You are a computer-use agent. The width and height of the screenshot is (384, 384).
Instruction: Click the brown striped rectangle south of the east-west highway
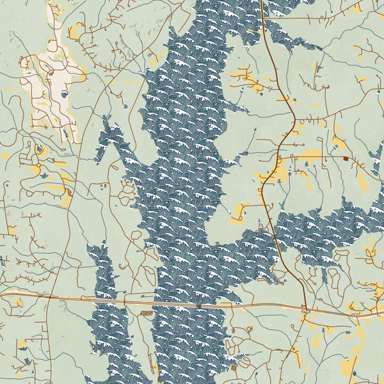[148, 313]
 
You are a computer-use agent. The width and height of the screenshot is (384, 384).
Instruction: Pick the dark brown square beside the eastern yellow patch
[346, 158]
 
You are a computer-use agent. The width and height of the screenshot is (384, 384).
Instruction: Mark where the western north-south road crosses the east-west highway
[50, 296]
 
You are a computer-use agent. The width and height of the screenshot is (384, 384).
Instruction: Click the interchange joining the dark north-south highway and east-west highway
[305, 310]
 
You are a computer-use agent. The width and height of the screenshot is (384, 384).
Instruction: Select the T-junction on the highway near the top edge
[264, 18]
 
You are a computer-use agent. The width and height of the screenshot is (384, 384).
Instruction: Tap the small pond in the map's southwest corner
[26, 362]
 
